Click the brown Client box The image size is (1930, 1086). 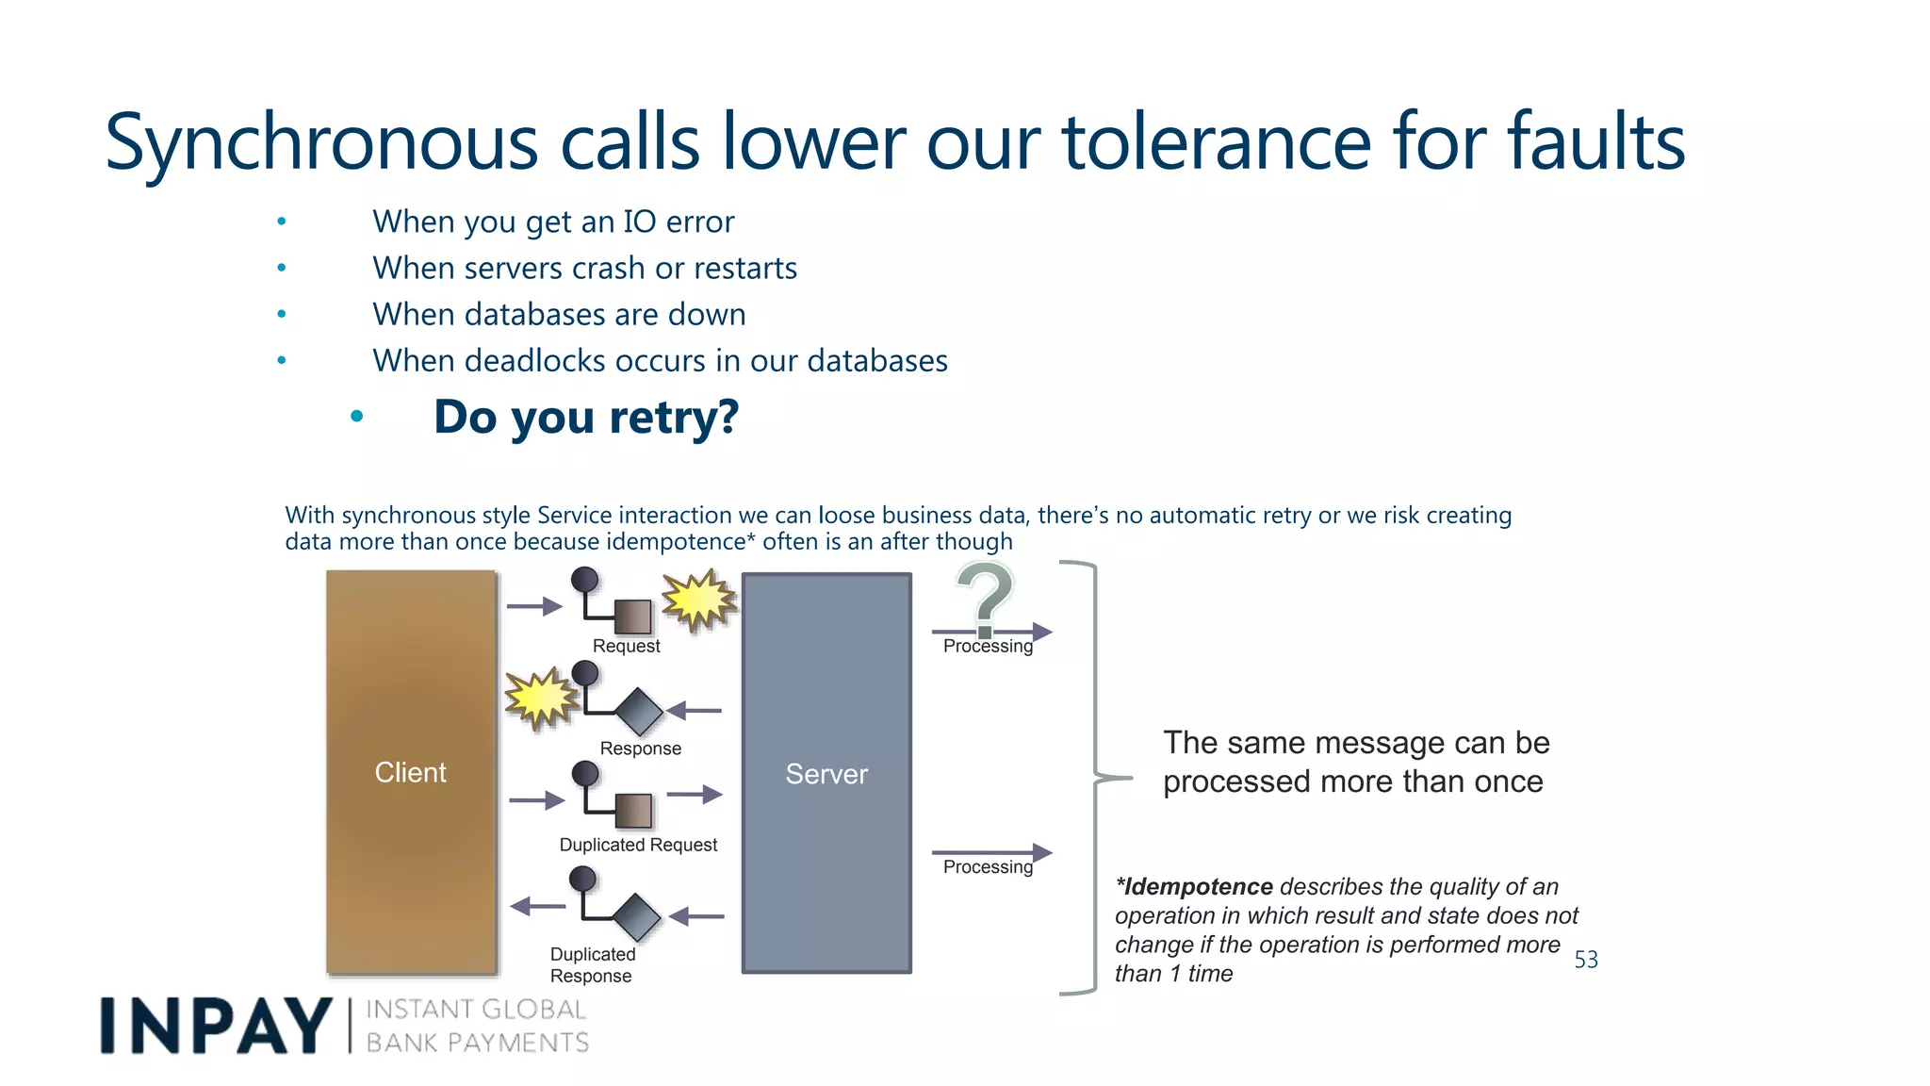pyautogui.click(x=411, y=771)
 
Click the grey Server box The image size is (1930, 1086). pyautogui.click(x=826, y=773)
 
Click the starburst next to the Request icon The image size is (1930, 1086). pyautogui.click(x=698, y=600)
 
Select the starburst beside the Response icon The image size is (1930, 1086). pyautogui.click(x=540, y=699)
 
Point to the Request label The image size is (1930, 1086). pyautogui.click(x=626, y=647)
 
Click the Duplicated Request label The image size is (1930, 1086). pyautogui.click(x=638, y=845)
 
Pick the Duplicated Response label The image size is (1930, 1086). pyautogui.click(x=592, y=965)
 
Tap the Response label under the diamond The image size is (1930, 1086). pyautogui.click(x=640, y=749)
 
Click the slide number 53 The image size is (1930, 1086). pyautogui.click(x=1586, y=960)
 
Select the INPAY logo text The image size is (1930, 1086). pyautogui.click(x=216, y=1026)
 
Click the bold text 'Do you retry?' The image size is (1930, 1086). pyautogui.click(x=586, y=417)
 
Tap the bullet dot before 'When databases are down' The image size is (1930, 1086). pyautogui.click(x=282, y=314)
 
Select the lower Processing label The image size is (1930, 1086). pyautogui.click(x=988, y=867)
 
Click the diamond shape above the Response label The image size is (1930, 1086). pyautogui.click(x=640, y=712)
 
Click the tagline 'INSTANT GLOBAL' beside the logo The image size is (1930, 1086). pyautogui.click(x=476, y=1010)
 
